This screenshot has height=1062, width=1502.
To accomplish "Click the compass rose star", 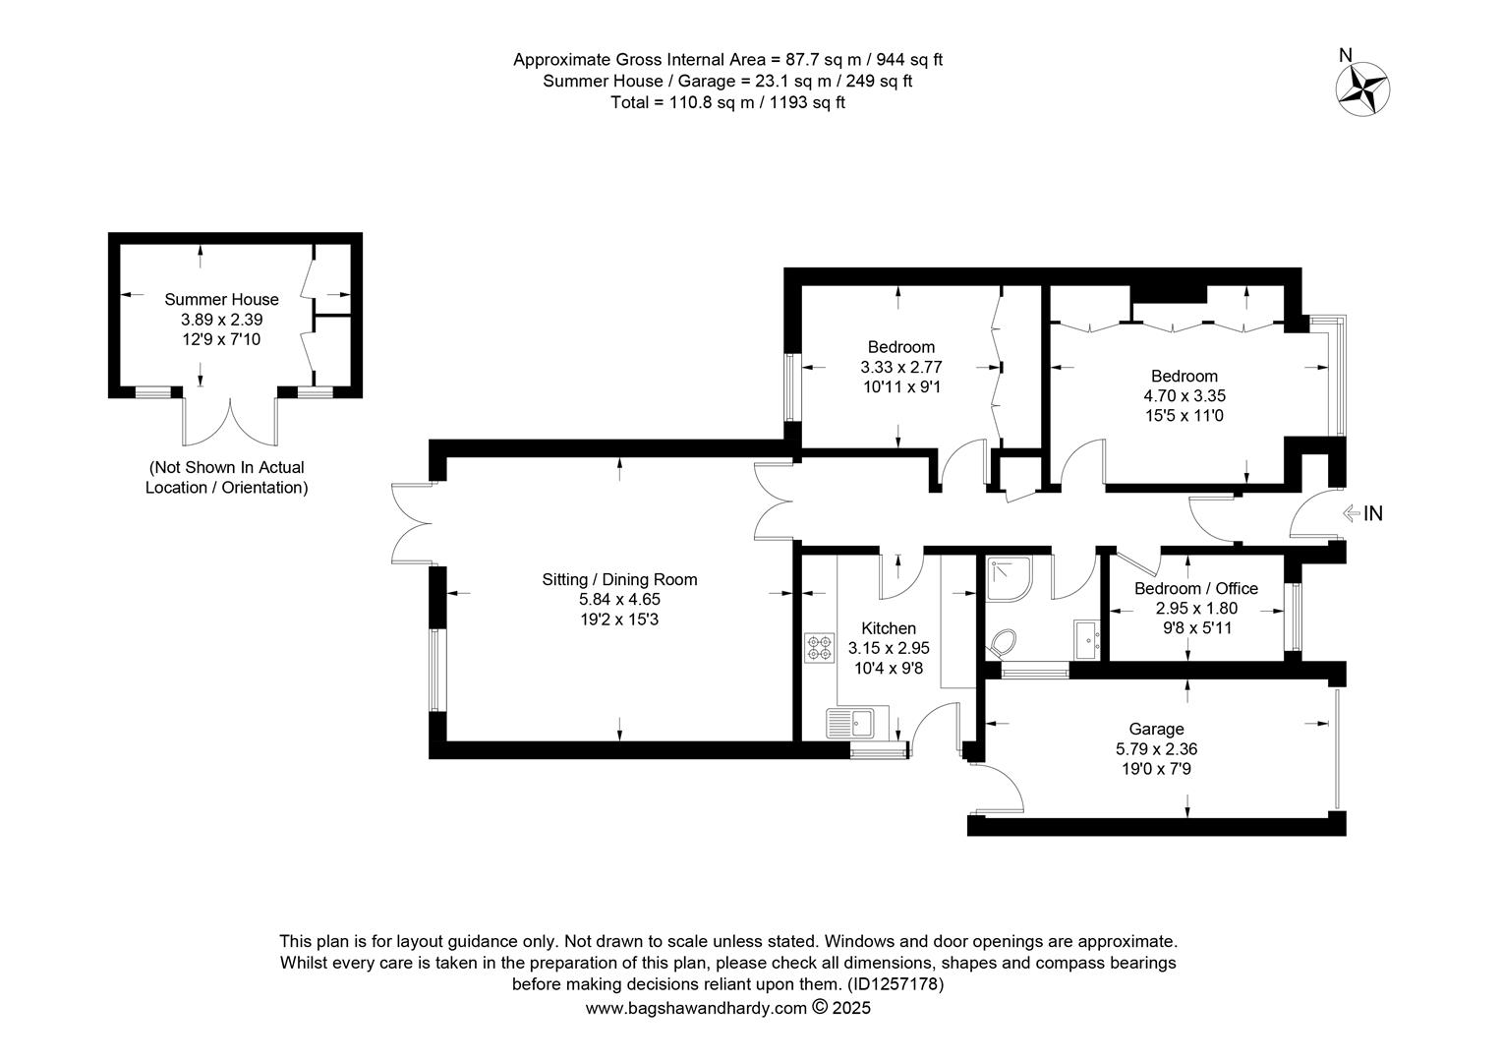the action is (x=1362, y=89).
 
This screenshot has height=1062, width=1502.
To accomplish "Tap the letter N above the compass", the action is (x=1345, y=55).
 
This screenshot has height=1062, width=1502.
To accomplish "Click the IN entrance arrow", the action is (x=1351, y=514).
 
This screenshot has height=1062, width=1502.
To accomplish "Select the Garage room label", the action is (x=1156, y=729).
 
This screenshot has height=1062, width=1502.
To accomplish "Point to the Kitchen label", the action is (x=889, y=628).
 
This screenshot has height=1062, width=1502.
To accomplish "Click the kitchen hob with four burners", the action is (x=820, y=648).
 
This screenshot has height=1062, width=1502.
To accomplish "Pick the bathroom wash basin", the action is (x=1087, y=640).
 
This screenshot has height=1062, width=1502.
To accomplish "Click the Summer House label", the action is (x=221, y=300).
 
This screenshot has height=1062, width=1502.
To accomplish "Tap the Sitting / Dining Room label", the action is (x=619, y=579).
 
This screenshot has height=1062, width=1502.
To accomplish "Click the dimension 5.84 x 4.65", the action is (x=619, y=599).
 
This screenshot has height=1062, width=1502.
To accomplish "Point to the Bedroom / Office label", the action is (x=1196, y=588).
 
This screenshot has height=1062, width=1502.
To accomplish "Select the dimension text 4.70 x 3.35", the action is (x=1184, y=396).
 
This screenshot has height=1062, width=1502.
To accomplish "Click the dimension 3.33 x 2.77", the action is (x=901, y=367).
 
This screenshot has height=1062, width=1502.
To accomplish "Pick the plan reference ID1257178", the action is (x=895, y=984).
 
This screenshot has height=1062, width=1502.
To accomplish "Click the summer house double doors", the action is (x=230, y=421).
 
